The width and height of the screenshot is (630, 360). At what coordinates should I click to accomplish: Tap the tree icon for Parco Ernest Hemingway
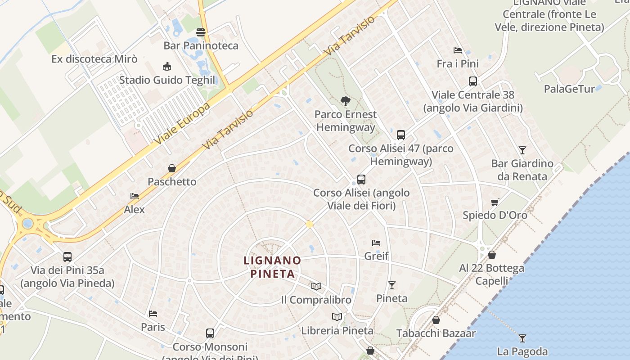point(346,101)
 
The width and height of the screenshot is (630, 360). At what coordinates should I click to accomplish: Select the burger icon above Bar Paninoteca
point(201,32)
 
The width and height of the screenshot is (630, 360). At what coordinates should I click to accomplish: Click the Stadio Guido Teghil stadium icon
point(167,67)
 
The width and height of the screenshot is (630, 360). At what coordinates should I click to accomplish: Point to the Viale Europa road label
point(183,124)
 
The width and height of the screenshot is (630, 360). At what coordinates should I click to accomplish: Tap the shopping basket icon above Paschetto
point(171,168)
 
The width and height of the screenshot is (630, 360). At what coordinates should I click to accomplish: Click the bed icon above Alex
point(134,196)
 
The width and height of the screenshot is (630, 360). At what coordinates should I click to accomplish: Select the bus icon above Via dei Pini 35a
point(67,257)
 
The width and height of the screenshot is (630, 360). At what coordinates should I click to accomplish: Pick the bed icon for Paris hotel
point(153,313)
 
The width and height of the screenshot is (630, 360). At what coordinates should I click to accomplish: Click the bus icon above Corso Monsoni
point(210,333)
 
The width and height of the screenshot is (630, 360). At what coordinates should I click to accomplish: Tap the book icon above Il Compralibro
point(316,286)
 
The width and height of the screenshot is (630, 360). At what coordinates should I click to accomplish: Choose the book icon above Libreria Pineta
point(337,317)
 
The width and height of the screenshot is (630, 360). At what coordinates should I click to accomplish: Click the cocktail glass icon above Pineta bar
point(392,285)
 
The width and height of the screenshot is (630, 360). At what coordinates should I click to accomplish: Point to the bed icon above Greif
point(376,243)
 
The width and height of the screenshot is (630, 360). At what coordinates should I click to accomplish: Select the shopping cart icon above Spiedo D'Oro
point(495,202)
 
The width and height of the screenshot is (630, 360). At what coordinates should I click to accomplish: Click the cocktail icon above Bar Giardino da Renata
point(522,150)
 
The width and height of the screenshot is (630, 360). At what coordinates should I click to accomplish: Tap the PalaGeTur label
point(569,89)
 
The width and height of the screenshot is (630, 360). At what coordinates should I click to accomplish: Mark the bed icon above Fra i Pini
point(458,50)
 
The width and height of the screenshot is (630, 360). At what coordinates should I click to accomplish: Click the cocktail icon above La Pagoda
point(522,338)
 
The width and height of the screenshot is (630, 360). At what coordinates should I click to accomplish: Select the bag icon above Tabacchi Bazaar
point(436,320)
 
